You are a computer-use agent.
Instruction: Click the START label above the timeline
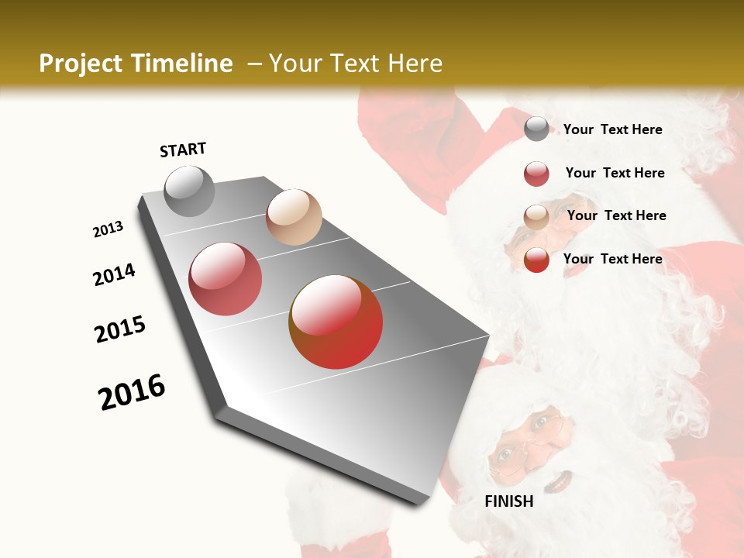pyautogui.click(x=183, y=150)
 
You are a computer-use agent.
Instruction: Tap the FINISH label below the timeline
pyautogui.click(x=508, y=501)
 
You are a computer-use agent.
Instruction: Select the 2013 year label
pyautogui.click(x=108, y=229)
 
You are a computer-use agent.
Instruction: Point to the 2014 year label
pyautogui.click(x=114, y=274)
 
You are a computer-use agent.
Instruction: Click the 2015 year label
pyautogui.click(x=120, y=329)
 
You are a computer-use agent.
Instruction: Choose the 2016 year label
pyautogui.click(x=132, y=392)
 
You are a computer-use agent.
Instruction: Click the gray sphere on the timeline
pyautogui.click(x=189, y=191)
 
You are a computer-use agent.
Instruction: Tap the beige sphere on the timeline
pyautogui.click(x=294, y=217)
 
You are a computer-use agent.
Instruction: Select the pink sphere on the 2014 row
pyautogui.click(x=225, y=279)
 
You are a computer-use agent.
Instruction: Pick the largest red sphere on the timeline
pyautogui.click(x=336, y=322)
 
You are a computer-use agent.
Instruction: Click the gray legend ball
pyautogui.click(x=536, y=129)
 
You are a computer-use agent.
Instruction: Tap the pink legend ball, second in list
pyautogui.click(x=536, y=174)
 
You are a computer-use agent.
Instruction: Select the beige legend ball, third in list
pyautogui.click(x=536, y=217)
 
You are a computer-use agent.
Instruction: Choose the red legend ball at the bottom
pyautogui.click(x=536, y=260)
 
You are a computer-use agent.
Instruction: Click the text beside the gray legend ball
pyautogui.click(x=612, y=129)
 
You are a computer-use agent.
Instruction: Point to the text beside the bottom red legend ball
pyautogui.click(x=612, y=259)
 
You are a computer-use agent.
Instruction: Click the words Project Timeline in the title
pyautogui.click(x=136, y=64)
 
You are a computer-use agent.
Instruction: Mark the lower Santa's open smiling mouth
pyautogui.click(x=556, y=482)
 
